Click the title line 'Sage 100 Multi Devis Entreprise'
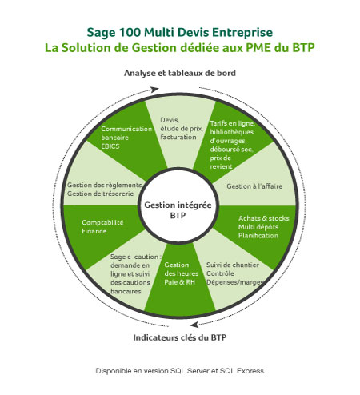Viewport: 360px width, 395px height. (x=180, y=33)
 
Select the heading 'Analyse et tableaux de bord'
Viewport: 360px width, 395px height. (x=180, y=73)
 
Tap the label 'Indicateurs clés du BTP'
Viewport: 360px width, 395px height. (x=180, y=337)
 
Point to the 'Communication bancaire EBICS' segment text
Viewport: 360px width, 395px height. (x=126, y=138)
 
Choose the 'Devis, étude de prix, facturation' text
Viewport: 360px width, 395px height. (x=182, y=129)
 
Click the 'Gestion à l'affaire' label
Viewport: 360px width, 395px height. (x=254, y=186)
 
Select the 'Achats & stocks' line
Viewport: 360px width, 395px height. (x=264, y=218)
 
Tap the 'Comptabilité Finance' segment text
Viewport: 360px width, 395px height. (x=102, y=226)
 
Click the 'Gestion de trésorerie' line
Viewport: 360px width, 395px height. (x=100, y=194)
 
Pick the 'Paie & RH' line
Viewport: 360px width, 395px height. (x=179, y=282)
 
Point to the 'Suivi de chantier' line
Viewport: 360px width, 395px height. (x=233, y=265)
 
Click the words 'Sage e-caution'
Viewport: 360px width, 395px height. (x=134, y=257)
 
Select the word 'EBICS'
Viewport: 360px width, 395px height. (x=110, y=146)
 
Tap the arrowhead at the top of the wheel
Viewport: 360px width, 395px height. (x=154, y=90)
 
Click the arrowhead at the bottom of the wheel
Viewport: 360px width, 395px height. (x=194, y=325)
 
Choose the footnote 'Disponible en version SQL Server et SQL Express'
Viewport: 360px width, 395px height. (x=180, y=371)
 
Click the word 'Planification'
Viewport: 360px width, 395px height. (x=258, y=236)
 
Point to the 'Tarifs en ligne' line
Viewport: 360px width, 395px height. (x=232, y=123)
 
